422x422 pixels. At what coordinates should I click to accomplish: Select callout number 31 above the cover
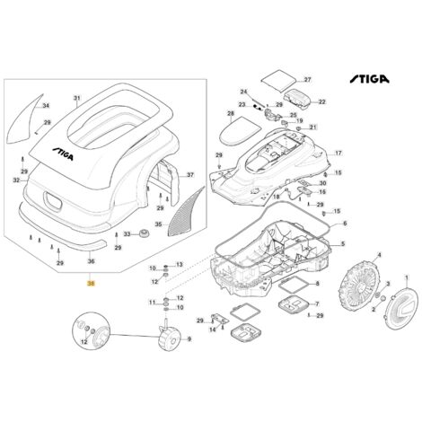(76, 97)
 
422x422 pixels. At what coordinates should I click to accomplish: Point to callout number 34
(46, 105)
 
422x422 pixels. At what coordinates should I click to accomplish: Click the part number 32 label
(15, 180)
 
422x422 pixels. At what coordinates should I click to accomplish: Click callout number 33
(127, 234)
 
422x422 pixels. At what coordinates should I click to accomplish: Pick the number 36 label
(90, 261)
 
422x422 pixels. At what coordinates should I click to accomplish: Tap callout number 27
(306, 80)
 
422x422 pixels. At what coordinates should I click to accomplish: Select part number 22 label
(321, 101)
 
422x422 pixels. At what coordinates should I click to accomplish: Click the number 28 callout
(230, 114)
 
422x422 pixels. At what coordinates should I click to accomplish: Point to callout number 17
(338, 154)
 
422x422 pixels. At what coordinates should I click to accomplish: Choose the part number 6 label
(345, 223)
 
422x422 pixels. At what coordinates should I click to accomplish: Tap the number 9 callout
(189, 338)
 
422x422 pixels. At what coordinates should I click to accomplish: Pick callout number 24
(242, 92)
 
